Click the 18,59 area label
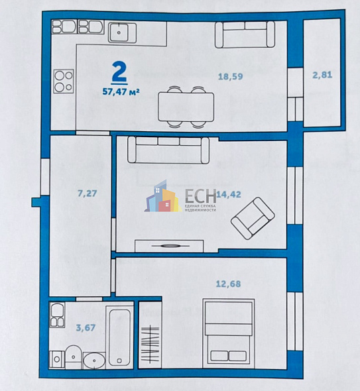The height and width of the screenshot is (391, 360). (x=231, y=76)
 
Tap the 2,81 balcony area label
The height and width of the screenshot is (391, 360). (x=322, y=74)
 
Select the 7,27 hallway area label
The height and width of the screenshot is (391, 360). (x=88, y=194)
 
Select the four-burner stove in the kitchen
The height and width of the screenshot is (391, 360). (x=63, y=80)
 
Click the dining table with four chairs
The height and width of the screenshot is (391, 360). (x=186, y=105)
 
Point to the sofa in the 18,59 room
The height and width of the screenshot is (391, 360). (x=245, y=34)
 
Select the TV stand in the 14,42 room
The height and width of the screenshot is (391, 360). (x=169, y=246)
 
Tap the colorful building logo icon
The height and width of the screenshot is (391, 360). (x=162, y=198)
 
